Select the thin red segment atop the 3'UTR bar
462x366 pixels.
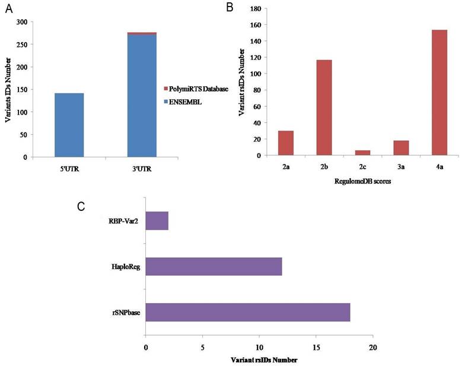point(142,33)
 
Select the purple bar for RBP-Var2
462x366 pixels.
point(157,220)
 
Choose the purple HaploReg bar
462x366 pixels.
point(214,267)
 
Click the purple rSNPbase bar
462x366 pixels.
point(248,313)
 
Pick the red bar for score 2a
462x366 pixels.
point(285,143)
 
